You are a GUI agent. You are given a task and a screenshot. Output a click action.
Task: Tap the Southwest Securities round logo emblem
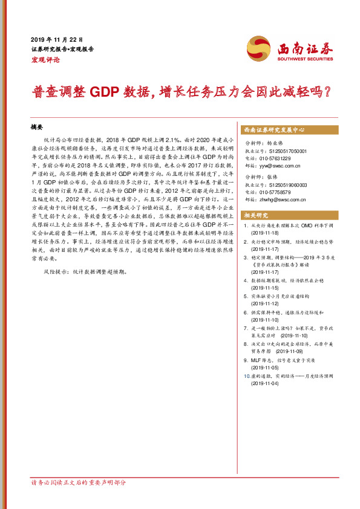point(258,48)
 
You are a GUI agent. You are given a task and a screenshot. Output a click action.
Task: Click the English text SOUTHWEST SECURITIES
point(305,59)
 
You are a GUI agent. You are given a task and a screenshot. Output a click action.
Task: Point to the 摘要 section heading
point(38,128)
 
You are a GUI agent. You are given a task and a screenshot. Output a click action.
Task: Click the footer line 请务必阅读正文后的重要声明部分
point(79,483)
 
